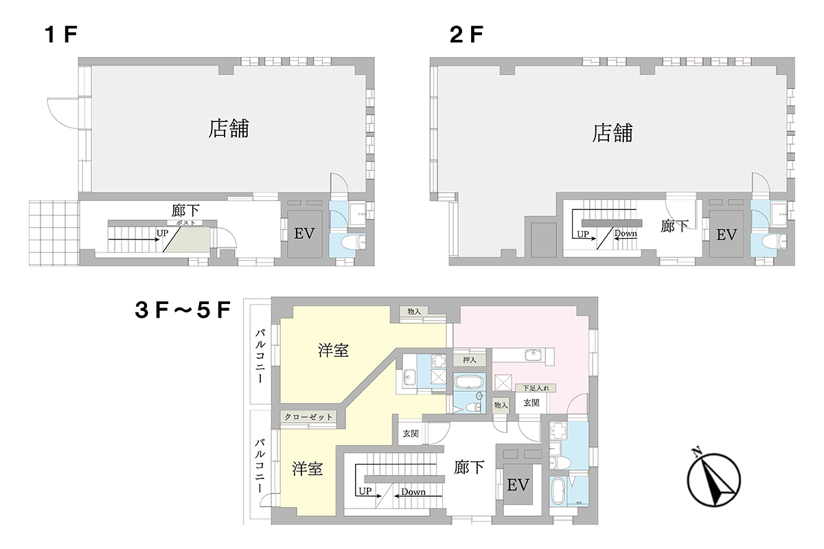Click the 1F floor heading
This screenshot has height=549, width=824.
point(60,35)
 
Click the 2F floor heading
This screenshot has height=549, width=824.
point(466,35)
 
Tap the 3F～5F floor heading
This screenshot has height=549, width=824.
point(183,310)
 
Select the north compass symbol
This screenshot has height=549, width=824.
point(713,479)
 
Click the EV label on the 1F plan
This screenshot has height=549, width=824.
point(304,233)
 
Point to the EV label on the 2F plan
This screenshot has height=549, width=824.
point(726,235)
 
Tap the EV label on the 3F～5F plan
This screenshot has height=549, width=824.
point(518,485)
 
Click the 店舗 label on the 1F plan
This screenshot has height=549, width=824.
point(229,128)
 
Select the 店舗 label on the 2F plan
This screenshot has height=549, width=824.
point(613,132)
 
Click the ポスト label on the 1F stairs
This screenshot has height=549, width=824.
point(185,223)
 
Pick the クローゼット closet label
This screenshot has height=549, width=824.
point(308,417)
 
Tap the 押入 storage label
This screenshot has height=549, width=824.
point(470,360)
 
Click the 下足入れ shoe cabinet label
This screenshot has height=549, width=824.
point(536,388)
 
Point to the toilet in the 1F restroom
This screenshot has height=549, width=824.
point(352,243)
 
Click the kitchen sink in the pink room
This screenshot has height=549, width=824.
point(533,355)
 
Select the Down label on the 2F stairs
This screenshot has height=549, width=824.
point(626,233)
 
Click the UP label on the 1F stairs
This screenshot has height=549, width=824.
point(162,233)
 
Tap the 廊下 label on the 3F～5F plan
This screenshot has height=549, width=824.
point(468,468)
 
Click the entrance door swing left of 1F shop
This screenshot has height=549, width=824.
point(62,113)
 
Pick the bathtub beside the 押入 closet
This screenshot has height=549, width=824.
point(469,382)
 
